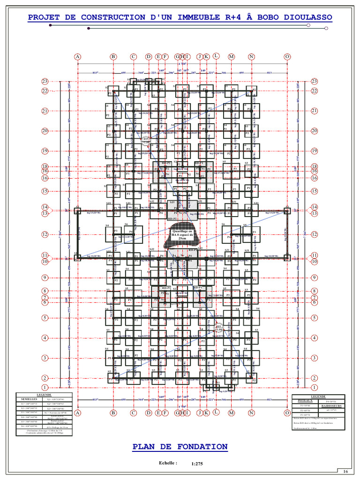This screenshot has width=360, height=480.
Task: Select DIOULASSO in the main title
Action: (307, 17)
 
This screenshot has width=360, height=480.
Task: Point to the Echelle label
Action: (168, 463)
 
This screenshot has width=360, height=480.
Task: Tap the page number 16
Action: (345, 471)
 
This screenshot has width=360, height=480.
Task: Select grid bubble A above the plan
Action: (78, 57)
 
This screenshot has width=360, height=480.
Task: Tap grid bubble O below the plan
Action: (287, 413)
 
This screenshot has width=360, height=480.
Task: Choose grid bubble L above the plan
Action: (216, 56)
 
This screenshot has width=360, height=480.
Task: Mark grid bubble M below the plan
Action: (231, 413)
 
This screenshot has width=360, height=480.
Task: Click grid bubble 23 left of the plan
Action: (45, 82)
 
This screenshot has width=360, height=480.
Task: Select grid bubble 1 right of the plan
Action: (314, 388)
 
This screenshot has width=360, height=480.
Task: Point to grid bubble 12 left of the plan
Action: (45, 234)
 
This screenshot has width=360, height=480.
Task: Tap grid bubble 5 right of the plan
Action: (314, 318)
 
